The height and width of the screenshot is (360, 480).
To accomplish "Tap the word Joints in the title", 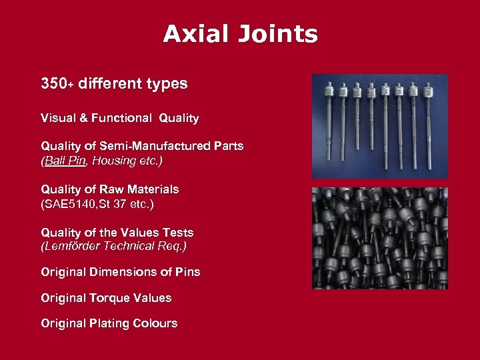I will (280, 34).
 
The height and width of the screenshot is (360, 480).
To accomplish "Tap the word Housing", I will (117, 161).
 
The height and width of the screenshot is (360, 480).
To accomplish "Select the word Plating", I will (108, 323).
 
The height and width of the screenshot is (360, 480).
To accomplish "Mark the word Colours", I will (154, 323).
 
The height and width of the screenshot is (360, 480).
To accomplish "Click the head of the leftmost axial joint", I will (329, 89).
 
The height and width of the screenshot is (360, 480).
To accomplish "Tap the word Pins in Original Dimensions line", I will (187, 272).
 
